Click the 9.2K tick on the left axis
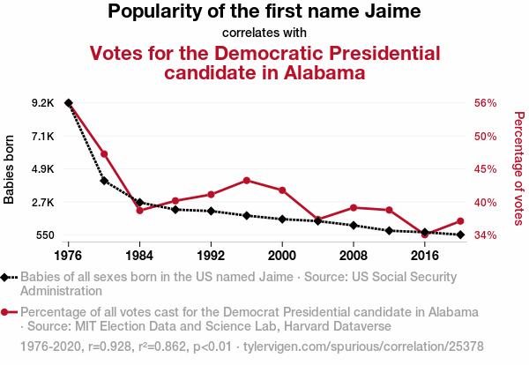coord(42,103)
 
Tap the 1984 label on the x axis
coord(139,255)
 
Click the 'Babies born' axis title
coord(10,169)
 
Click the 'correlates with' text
coord(264,34)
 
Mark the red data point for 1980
coord(104,154)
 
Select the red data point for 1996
coord(247,180)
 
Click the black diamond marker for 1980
coord(104,181)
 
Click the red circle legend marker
coord(6,312)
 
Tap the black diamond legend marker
coord(6,277)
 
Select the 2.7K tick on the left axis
coord(42,202)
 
